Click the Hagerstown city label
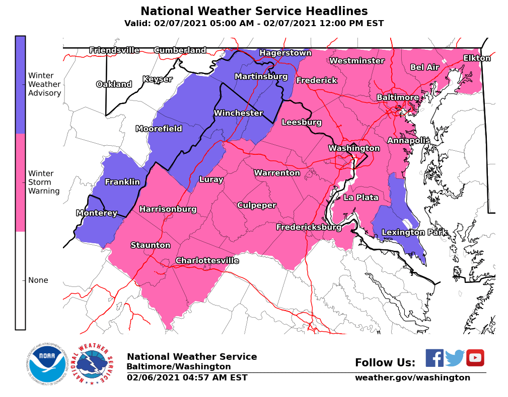pyautogui.click(x=285, y=53)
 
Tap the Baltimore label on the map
pyautogui.click(x=398, y=97)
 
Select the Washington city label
pyautogui.click(x=354, y=148)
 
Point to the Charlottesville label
pyautogui.click(x=207, y=260)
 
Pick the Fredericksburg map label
pyautogui.click(x=309, y=227)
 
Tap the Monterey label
pyautogui.click(x=97, y=213)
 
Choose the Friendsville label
pyautogui.click(x=114, y=50)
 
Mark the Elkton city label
pyautogui.click(x=477, y=58)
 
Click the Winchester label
pyautogui.click(x=238, y=113)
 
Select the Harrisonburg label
pyautogui.click(x=168, y=209)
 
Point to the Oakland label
pyautogui.click(x=114, y=84)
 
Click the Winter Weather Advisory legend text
pyautogui.click(x=44, y=84)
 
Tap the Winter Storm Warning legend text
pyautogui.click(x=44, y=182)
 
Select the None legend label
pyautogui.click(x=38, y=280)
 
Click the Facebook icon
pyautogui.click(x=434, y=358)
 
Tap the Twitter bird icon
pyautogui.click(x=455, y=358)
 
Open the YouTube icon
pyautogui.click(x=475, y=358)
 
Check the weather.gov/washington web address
pyautogui.click(x=412, y=377)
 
